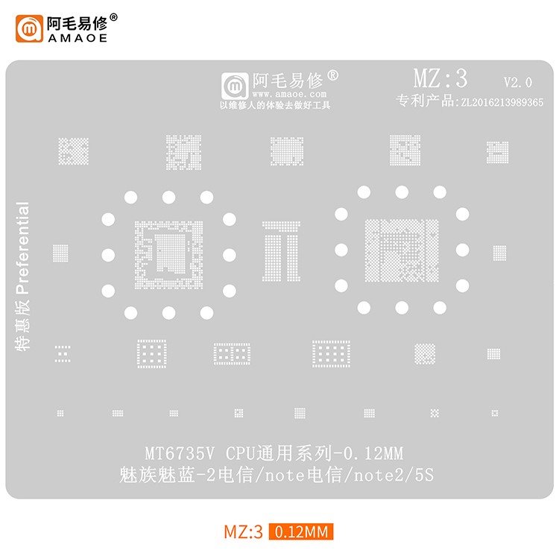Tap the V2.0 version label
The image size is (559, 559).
coord(517,82)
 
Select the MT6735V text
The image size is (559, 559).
coord(179,452)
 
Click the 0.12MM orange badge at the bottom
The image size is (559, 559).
coord(301,532)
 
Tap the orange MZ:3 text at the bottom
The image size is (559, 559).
coord(244,532)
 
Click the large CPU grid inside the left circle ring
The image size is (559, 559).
coord(168,254)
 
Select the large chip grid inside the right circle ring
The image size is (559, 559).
coord(401,249)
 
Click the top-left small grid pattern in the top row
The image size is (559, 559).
coord(73,151)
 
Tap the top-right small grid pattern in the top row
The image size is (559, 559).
coord(497,151)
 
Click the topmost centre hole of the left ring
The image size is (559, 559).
coord(168,197)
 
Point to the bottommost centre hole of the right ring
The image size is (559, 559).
coord(402,307)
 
